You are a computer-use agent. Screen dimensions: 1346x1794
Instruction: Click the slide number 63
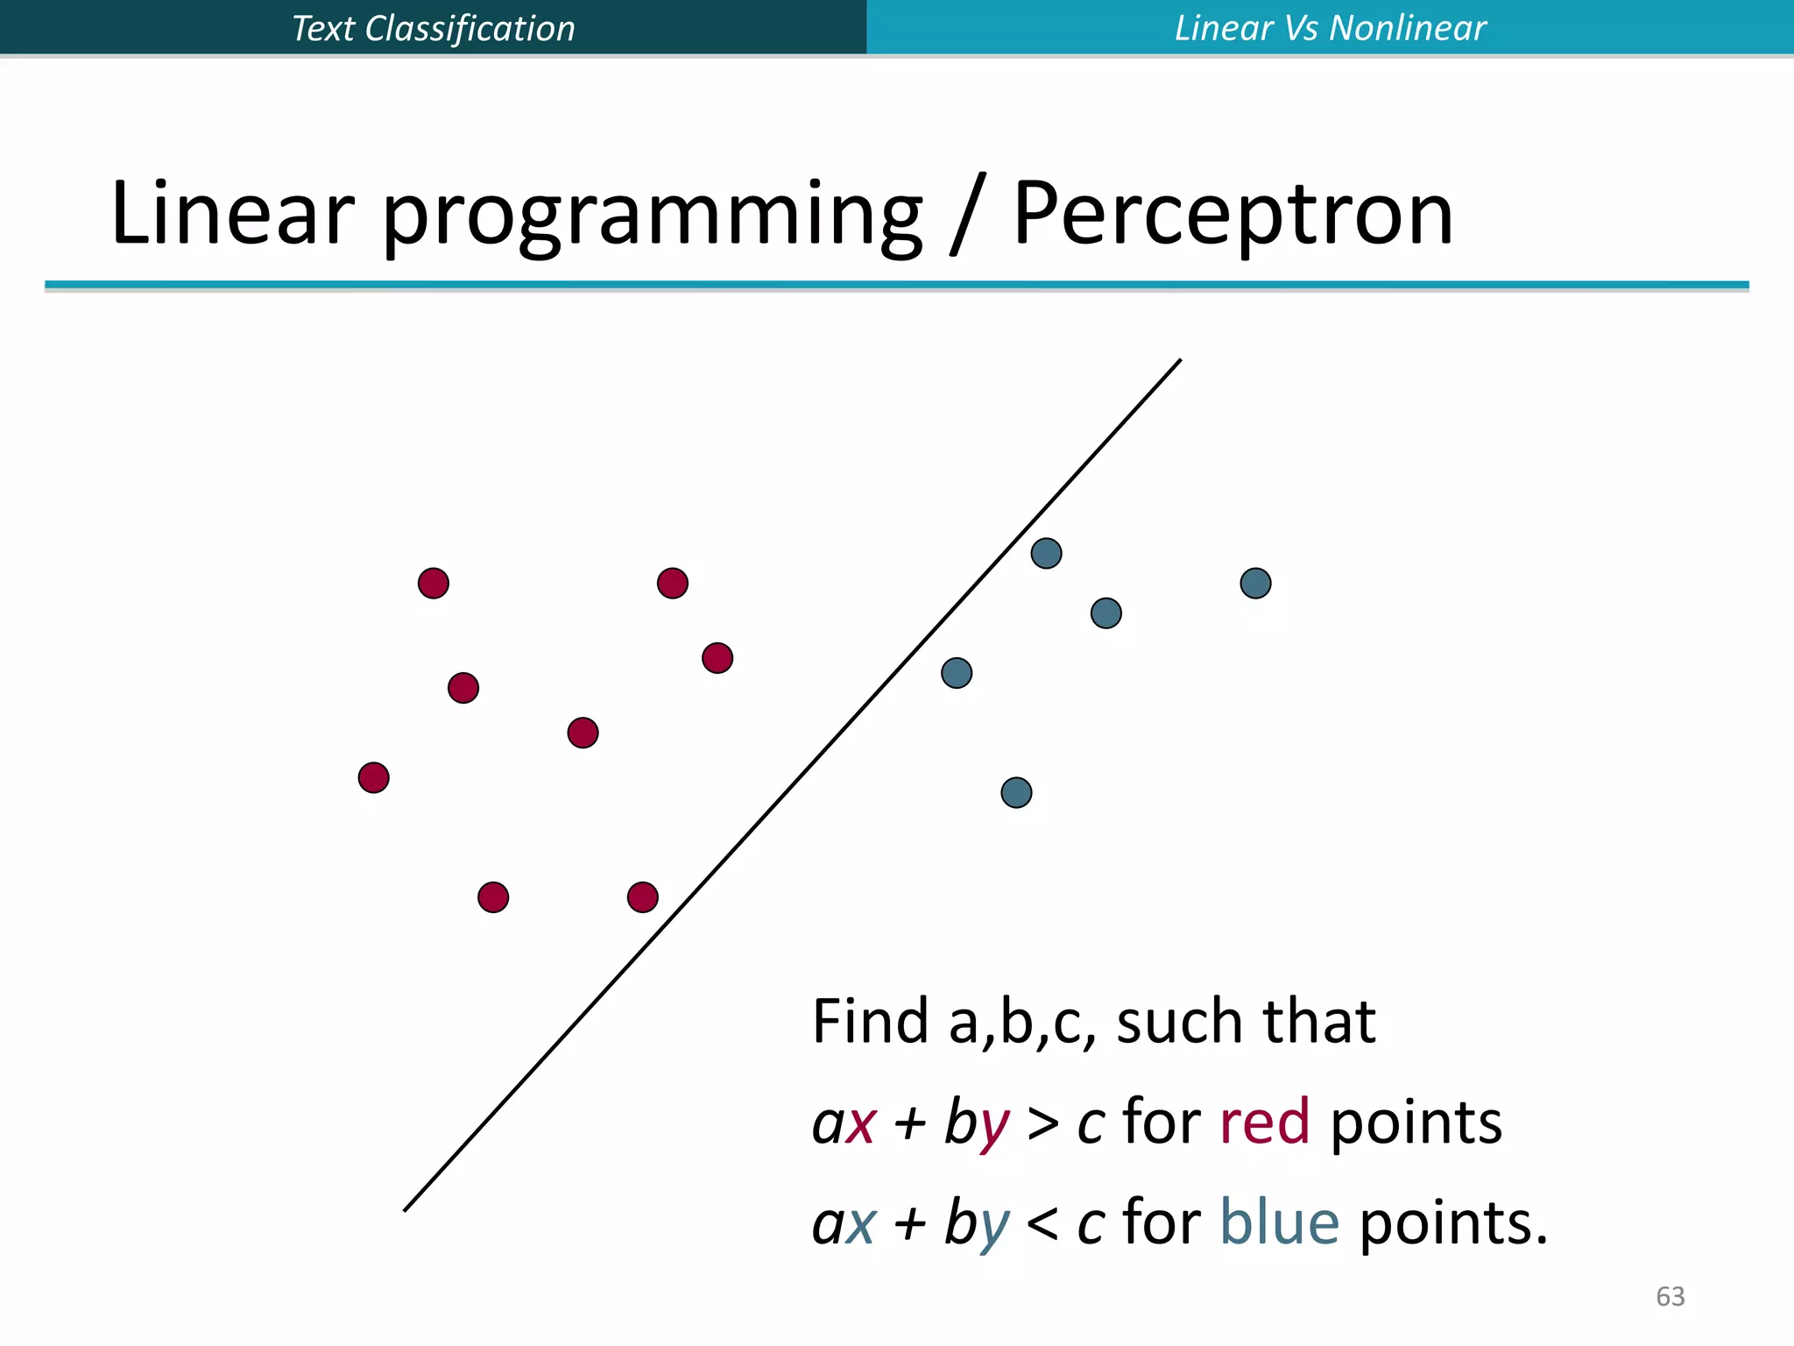(x=1670, y=1296)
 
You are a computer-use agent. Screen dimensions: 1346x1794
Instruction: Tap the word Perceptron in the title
(x=1233, y=213)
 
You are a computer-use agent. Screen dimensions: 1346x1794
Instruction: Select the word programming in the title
(x=652, y=216)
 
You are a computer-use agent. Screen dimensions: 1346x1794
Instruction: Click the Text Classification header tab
(x=433, y=28)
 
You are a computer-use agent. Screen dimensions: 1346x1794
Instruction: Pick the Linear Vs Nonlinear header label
(x=1330, y=28)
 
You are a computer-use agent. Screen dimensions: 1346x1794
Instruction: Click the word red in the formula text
(x=1264, y=1123)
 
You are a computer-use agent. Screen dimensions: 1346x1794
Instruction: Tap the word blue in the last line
(x=1279, y=1222)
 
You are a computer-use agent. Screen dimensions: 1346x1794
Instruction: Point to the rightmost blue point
(x=1255, y=583)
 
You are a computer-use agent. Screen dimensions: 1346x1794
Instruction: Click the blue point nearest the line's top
(x=1046, y=553)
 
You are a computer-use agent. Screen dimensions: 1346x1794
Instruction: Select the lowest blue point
(x=1016, y=792)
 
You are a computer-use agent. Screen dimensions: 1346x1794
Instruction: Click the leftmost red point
(x=373, y=777)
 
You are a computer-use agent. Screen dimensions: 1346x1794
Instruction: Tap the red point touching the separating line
(x=642, y=897)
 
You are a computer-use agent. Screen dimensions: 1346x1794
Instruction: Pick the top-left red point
(x=433, y=583)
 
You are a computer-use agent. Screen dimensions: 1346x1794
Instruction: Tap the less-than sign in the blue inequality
(x=1042, y=1224)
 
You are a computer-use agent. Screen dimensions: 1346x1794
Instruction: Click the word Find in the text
(x=870, y=1022)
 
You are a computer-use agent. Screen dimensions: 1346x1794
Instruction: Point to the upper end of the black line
(x=1179, y=361)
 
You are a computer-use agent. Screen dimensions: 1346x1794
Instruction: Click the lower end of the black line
(x=406, y=1209)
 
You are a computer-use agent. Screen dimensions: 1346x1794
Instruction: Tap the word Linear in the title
(x=232, y=213)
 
